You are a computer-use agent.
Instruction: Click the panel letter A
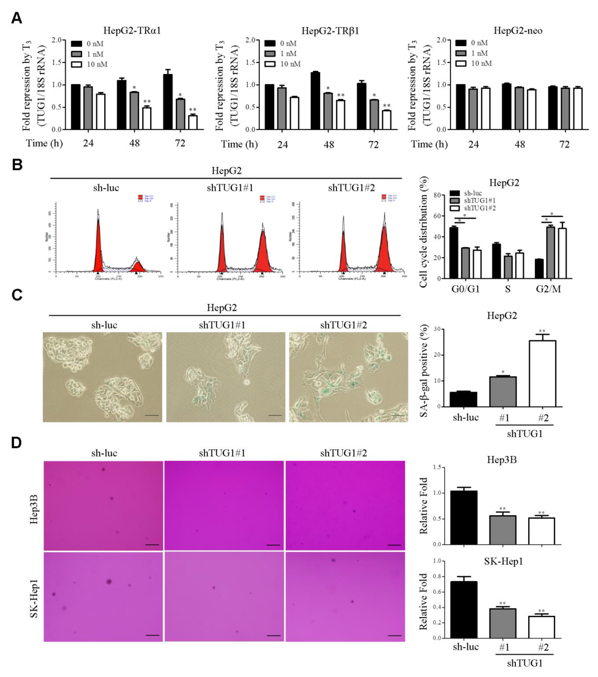tap(17, 18)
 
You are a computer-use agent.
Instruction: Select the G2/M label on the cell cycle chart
tap(549, 289)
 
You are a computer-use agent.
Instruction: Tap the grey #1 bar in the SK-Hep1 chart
tap(503, 623)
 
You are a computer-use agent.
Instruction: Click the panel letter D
tap(17, 443)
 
